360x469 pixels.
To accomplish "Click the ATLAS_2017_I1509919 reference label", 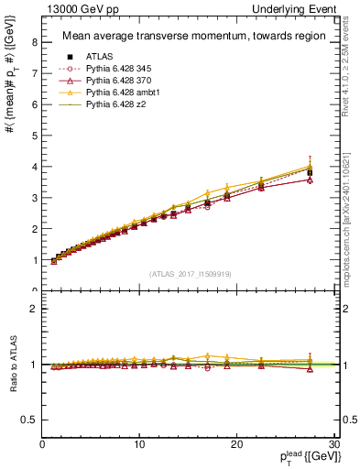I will (x=190, y=272).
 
